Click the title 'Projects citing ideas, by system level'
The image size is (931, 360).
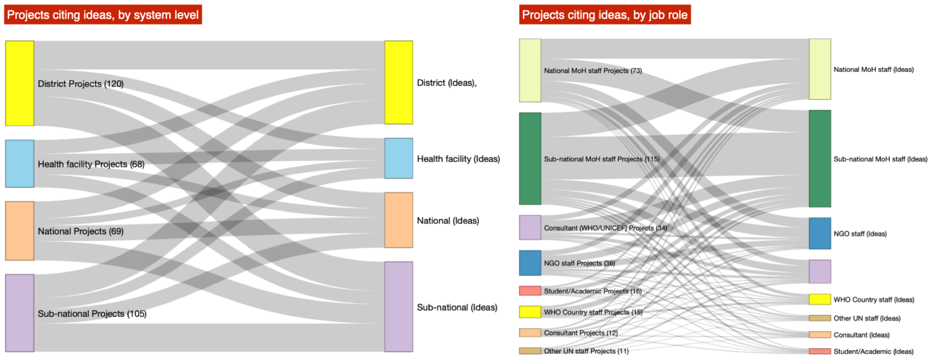103,15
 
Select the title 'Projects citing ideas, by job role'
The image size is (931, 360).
605,15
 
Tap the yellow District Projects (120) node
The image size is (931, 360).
20,83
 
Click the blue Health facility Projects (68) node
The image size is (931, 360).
20,163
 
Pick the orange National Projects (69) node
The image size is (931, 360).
20,231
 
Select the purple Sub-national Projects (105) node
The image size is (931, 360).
20,313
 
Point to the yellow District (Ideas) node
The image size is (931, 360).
399,82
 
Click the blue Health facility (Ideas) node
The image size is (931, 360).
399,158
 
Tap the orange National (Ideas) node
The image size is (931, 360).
399,220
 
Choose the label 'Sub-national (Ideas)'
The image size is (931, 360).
457,307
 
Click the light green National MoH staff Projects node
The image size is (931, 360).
530,70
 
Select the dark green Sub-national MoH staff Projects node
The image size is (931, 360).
530,159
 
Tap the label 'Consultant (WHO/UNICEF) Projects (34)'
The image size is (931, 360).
606,228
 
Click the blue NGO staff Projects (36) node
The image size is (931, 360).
530,263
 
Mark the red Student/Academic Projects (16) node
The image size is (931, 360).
530,291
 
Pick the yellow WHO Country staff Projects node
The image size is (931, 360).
530,312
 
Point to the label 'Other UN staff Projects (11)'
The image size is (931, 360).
587,351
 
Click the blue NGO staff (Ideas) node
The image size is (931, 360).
820,233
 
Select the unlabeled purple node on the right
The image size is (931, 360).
820,272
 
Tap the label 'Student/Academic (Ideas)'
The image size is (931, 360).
873,351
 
